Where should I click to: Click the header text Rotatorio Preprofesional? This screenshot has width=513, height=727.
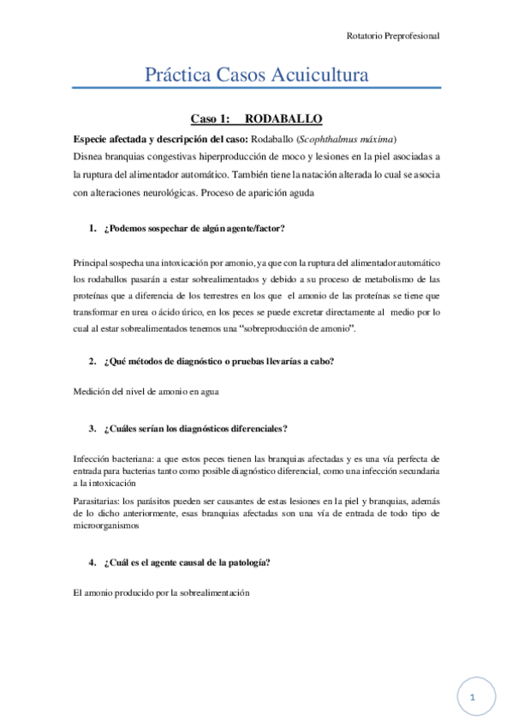coord(393,36)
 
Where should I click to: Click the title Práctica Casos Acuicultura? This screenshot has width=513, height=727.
coord(257,75)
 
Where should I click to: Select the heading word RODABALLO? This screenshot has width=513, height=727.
coord(283,119)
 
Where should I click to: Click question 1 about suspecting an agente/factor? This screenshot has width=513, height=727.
coord(194,229)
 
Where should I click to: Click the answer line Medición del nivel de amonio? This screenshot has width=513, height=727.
coord(146,392)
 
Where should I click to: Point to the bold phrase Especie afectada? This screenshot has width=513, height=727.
coord(108,139)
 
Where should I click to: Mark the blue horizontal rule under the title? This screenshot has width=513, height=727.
coord(257,87)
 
